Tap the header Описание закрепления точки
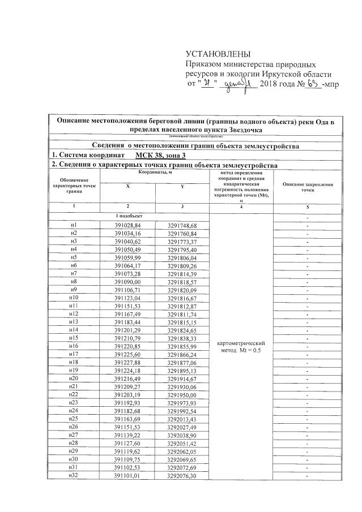click(x=307, y=188)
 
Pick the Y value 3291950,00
click(x=182, y=394)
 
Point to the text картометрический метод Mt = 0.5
click(x=242, y=346)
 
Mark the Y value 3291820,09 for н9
click(x=182, y=290)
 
